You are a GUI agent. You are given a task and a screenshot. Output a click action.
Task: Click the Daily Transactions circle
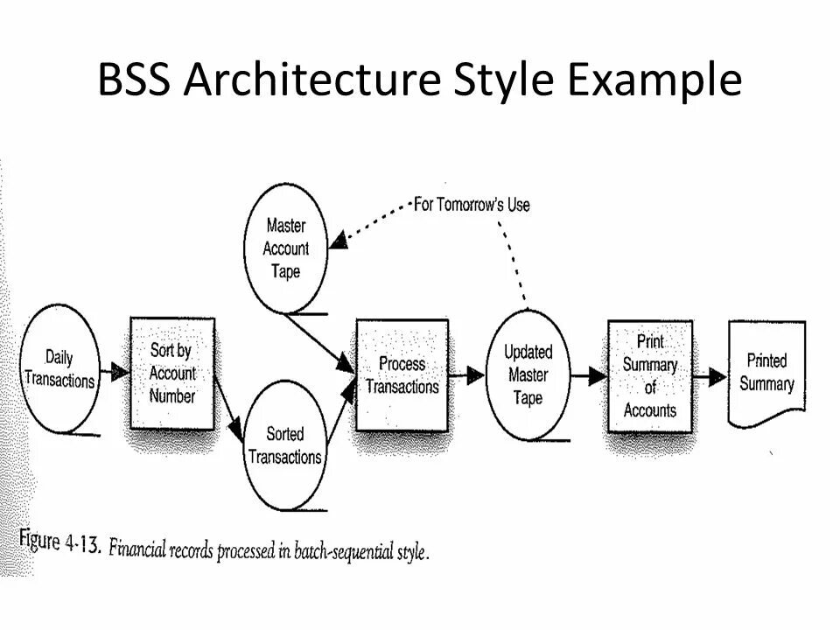59,368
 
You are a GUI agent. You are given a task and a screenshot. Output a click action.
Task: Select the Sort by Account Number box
172,374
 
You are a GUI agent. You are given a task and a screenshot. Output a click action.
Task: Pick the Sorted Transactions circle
284,445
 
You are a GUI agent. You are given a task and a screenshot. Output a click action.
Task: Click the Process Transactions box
402,374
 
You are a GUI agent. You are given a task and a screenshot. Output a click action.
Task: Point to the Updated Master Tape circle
528,374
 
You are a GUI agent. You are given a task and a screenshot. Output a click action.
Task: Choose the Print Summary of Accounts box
649,375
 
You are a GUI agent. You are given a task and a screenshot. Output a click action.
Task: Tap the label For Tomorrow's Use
472,205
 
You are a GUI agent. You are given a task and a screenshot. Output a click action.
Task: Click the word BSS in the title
139,81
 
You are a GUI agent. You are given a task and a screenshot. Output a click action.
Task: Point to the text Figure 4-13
60,545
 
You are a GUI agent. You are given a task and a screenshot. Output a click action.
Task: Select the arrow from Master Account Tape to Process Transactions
319,344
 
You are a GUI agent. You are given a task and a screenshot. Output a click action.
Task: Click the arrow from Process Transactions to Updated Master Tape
468,375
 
